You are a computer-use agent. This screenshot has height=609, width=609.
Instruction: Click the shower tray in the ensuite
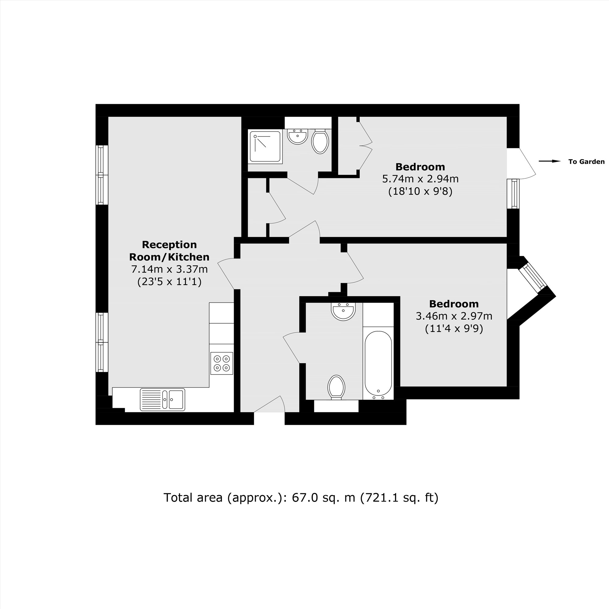pyautogui.click(x=265, y=147)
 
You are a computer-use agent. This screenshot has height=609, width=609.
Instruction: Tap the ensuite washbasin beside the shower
pyautogui.click(x=297, y=136)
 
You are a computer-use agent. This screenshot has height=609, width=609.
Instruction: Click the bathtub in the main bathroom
pyautogui.click(x=378, y=363)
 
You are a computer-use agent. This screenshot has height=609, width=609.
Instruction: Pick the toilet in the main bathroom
pyautogui.click(x=336, y=387)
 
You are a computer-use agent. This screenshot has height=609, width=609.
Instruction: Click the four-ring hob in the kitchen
pyautogui.click(x=222, y=363)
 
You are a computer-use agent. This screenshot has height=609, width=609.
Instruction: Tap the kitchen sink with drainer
pyautogui.click(x=162, y=400)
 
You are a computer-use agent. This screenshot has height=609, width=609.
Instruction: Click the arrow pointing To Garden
pyautogui.click(x=549, y=161)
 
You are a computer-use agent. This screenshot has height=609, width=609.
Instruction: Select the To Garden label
pyautogui.click(x=586, y=162)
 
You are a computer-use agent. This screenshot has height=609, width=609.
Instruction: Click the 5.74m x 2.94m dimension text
pyautogui.click(x=420, y=179)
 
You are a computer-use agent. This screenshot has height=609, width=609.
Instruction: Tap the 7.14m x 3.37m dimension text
pyautogui.click(x=169, y=269)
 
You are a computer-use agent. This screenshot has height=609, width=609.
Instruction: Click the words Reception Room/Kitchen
pyautogui.click(x=169, y=251)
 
